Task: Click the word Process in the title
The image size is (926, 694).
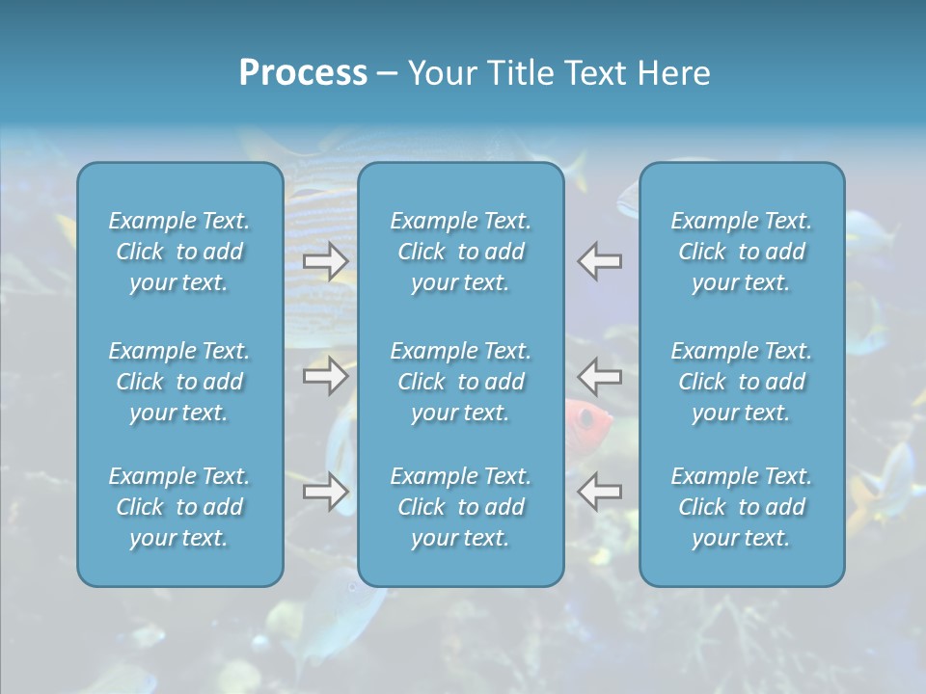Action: coord(303,73)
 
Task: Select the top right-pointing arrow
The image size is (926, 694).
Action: coord(325,261)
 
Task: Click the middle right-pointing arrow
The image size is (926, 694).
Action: coord(325,375)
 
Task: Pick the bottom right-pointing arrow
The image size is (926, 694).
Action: coord(325,492)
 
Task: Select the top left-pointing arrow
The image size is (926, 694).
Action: coord(600,261)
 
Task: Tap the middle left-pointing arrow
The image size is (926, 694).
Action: coord(600,375)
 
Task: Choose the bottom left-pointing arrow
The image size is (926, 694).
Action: coord(600,492)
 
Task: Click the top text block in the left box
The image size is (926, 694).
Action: coord(179,252)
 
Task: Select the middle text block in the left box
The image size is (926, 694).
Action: coord(179,382)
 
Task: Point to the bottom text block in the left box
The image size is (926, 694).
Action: coord(179,507)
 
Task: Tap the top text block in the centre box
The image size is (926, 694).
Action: coord(461,252)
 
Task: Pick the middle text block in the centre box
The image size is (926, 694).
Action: coord(461,382)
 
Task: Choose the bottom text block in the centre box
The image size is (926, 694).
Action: coord(461,507)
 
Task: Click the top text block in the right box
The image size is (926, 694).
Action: coord(742,252)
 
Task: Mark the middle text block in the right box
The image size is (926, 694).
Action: coord(742,382)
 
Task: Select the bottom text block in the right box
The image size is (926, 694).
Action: coord(742,507)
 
